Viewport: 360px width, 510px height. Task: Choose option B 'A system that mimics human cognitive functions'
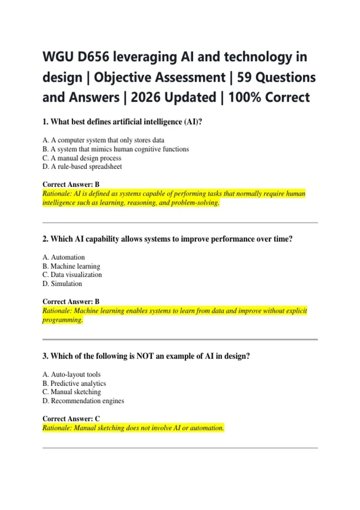[115, 149]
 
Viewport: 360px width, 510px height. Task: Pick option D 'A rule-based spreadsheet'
[82, 166]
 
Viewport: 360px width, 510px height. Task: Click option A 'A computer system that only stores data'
[103, 140]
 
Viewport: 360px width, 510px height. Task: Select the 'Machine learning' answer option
[71, 266]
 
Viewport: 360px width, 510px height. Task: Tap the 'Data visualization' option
[72, 274]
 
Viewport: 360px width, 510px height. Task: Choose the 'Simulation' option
[62, 283]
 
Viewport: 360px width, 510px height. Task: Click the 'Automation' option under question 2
[64, 257]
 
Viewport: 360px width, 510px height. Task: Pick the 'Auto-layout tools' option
[71, 374]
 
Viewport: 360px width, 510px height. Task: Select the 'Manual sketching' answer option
[72, 392]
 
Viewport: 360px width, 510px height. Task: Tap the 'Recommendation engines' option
[83, 401]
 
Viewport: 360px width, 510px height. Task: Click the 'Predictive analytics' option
[74, 383]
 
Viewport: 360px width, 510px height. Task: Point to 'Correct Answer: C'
[71, 418]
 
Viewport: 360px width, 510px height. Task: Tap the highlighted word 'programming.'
[62, 320]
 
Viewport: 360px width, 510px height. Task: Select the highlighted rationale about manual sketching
[133, 428]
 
